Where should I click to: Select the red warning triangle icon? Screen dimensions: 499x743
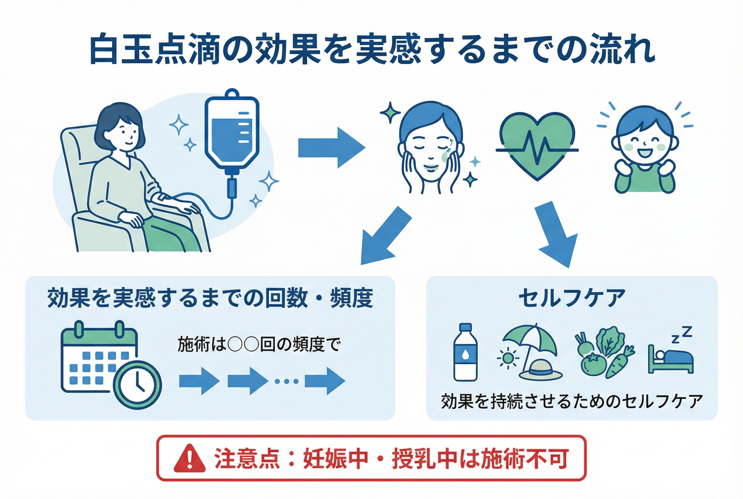[189, 459]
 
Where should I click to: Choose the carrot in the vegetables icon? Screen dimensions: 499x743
[618, 363]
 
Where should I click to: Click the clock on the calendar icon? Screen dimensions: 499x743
[137, 385]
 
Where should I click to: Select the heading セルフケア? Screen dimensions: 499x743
[572, 298]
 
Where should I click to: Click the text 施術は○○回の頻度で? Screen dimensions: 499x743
[259, 344]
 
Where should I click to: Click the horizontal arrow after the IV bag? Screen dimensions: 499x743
[331, 148]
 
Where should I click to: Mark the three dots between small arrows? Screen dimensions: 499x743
[286, 381]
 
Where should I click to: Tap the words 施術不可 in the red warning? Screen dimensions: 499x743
[525, 459]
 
